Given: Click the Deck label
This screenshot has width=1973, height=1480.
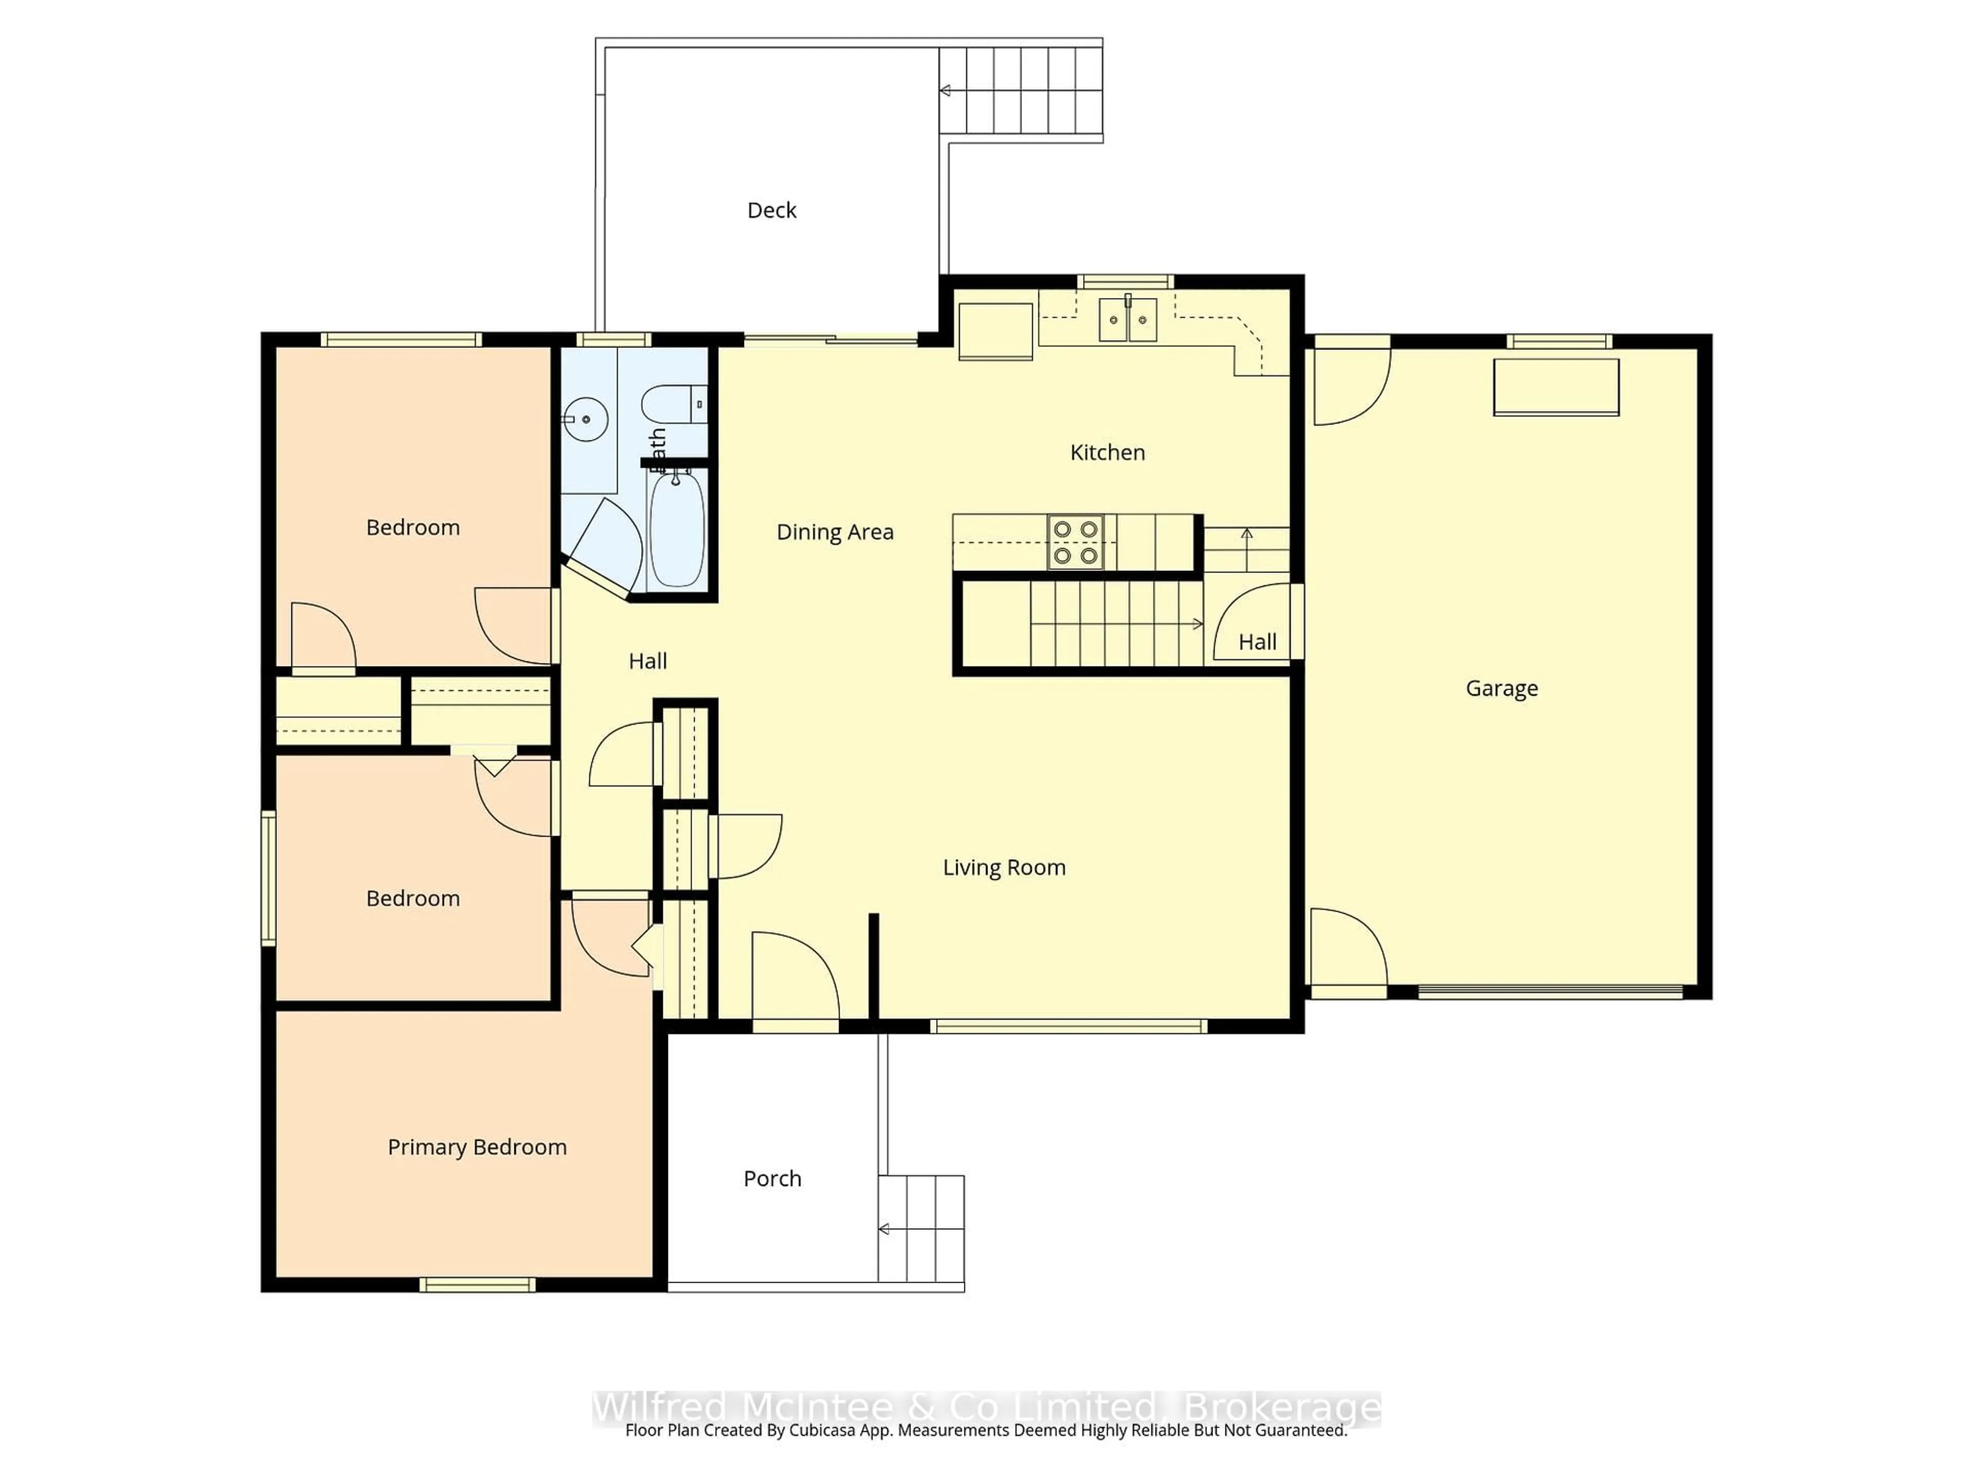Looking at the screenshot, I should point(772,211).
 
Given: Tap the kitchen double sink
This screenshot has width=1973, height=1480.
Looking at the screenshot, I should point(1127,319).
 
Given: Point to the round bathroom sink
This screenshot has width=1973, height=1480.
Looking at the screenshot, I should point(586,418).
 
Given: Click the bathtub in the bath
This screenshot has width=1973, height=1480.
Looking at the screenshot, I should point(677,530).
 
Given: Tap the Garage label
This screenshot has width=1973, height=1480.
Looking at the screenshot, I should point(1501,689).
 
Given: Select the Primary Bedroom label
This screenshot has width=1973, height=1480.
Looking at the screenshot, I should point(477,1147).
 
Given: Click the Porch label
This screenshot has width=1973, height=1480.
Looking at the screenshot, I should point(772,1179).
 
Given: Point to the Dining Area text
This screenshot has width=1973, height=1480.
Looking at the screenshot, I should point(835,532).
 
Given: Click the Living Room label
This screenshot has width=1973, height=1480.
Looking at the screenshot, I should point(1004,868).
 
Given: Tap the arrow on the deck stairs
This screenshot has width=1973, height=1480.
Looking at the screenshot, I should point(945,90).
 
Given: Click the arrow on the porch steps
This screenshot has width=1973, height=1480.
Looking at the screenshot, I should point(884,1229).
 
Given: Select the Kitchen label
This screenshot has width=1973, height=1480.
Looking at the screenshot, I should point(1107,453).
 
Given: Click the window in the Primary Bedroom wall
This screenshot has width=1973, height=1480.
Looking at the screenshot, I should point(477,1285).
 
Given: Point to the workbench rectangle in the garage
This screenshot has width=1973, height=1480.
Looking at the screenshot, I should point(1556,386).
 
